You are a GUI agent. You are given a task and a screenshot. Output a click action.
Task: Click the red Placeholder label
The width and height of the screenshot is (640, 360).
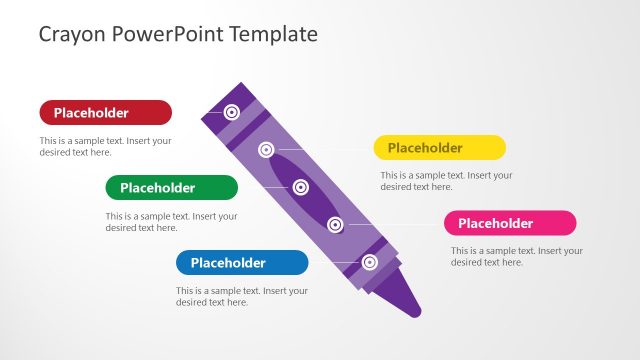105,112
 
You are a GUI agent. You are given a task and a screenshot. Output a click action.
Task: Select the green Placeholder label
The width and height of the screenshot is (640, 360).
171,187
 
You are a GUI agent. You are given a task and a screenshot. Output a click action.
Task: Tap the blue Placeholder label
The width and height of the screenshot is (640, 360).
242,263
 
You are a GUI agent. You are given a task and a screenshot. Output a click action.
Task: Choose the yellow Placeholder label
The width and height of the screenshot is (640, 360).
439,148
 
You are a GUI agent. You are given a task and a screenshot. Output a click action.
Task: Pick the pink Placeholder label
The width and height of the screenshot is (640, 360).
510,223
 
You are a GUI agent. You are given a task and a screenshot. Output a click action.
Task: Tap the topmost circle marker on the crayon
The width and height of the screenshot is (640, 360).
232,112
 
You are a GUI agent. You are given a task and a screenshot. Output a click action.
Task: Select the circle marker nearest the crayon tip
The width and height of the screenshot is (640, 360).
369,262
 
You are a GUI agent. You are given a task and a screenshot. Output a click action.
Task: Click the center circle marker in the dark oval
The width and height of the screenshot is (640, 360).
300,186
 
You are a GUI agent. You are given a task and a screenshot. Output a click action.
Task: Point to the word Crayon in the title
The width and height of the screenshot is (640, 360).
72,34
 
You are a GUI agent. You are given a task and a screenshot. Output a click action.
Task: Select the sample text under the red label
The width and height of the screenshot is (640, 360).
105,147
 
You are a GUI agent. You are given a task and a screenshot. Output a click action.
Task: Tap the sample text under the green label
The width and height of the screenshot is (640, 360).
171,222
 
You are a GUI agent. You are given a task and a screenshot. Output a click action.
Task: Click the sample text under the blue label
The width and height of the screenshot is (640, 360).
242,297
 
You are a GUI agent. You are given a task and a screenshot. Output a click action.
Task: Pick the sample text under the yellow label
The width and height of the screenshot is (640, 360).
446,181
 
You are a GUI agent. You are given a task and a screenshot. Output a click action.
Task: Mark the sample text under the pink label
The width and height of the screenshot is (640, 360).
516,256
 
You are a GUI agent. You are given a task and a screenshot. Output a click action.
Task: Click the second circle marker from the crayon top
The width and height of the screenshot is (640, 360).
266,150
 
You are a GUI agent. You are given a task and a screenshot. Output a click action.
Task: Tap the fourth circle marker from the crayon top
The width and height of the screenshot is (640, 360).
335,224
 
